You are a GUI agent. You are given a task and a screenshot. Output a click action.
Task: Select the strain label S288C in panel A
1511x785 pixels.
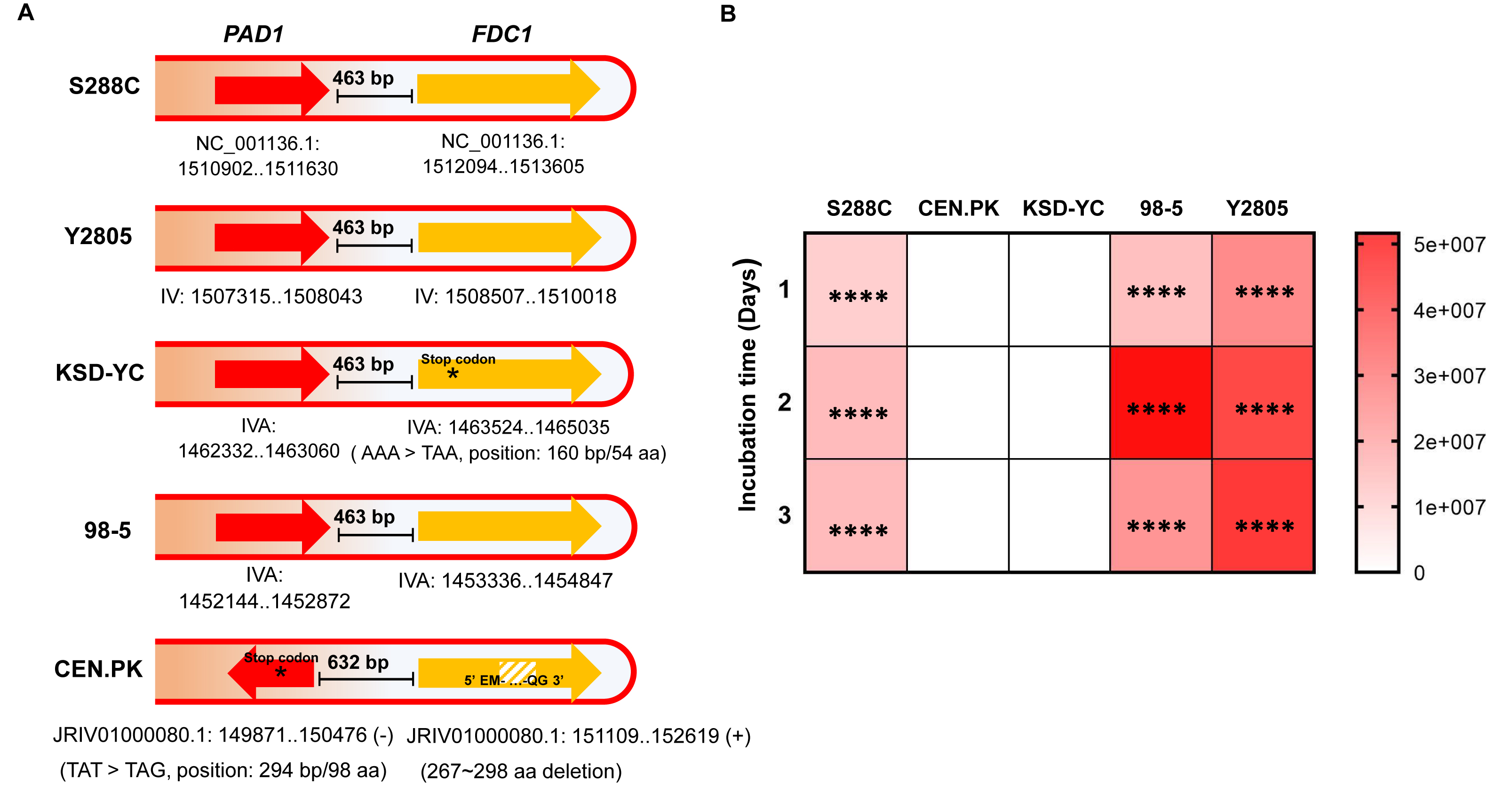click(104, 86)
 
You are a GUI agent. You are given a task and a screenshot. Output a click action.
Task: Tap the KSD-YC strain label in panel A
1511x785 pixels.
click(100, 373)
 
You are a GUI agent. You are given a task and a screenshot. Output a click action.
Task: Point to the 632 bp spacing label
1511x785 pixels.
click(358, 662)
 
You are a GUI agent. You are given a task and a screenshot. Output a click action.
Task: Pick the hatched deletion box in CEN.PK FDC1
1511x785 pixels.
click(517, 671)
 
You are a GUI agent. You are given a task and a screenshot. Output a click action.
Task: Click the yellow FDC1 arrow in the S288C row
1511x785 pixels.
click(509, 89)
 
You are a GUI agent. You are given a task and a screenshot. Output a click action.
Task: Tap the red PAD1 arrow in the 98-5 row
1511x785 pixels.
click(273, 528)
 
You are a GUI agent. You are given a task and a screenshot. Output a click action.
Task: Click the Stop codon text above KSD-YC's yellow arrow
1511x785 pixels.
click(458, 359)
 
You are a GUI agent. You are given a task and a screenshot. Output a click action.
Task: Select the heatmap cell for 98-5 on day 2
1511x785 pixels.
click(1160, 403)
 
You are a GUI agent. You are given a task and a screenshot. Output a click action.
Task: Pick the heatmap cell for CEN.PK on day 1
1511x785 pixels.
click(958, 290)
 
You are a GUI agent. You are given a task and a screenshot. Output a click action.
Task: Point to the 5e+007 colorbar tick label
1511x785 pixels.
click(1449, 245)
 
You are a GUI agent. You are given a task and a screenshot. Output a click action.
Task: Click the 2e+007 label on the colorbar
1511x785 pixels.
click(1449, 442)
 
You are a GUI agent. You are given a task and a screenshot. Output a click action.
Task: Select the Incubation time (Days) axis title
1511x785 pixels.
click(748, 385)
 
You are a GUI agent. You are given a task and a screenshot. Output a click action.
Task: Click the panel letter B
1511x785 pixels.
click(728, 14)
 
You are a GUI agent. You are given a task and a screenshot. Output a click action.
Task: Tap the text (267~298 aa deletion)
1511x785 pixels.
click(521, 771)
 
